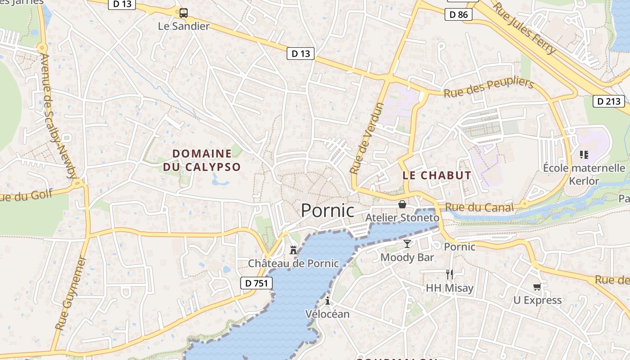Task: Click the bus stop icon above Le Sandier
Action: pyautogui.click(x=183, y=13)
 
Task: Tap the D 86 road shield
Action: pyautogui.click(x=459, y=15)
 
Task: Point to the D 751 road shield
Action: pyautogui.click(x=256, y=283)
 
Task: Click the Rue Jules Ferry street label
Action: pyautogui.click(x=524, y=28)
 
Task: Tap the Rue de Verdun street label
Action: pyautogui.click(x=367, y=138)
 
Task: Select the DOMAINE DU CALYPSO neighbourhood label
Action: pyautogui.click(x=202, y=160)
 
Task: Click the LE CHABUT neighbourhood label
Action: pyautogui.click(x=437, y=175)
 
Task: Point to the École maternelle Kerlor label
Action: pyautogui.click(x=584, y=175)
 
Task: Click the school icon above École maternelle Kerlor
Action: pyautogui.click(x=584, y=155)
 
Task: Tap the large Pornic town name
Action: pyautogui.click(x=328, y=211)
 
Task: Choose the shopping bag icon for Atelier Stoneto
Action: pyautogui.click(x=402, y=205)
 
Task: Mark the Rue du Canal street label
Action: pyautogui.click(x=479, y=207)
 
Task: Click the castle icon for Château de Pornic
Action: pyautogui.click(x=293, y=250)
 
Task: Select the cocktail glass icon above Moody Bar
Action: pyautogui.click(x=407, y=244)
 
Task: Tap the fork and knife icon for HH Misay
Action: pyautogui.click(x=449, y=274)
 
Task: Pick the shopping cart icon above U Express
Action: pyautogui.click(x=537, y=287)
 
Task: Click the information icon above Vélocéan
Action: pyautogui.click(x=328, y=301)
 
